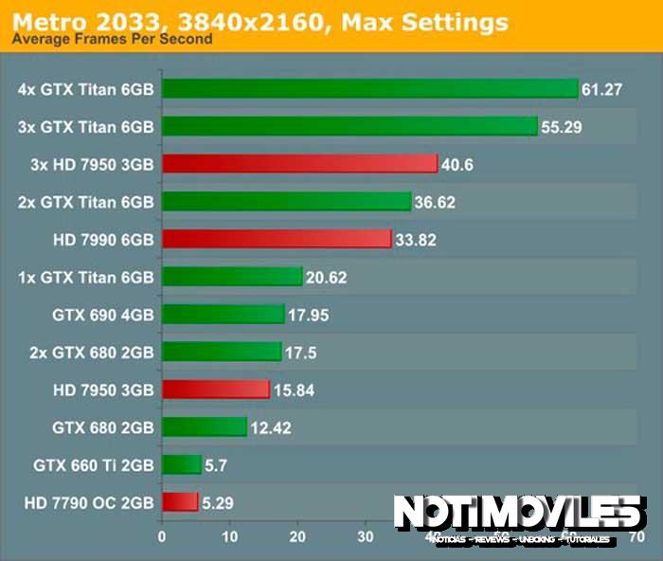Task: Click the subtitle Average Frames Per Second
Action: click(x=111, y=40)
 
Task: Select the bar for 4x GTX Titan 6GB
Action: click(x=369, y=89)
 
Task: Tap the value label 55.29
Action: click(x=561, y=126)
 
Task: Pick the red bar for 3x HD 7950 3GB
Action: click(x=299, y=164)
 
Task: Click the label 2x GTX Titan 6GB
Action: click(x=85, y=201)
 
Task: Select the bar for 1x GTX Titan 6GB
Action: click(x=232, y=277)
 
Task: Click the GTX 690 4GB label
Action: click(x=103, y=315)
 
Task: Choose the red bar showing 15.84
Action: click(x=216, y=389)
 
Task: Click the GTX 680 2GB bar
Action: click(x=205, y=427)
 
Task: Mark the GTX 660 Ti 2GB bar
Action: click(x=182, y=464)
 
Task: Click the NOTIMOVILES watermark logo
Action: click(x=519, y=516)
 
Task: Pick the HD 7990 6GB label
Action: click(x=104, y=239)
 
